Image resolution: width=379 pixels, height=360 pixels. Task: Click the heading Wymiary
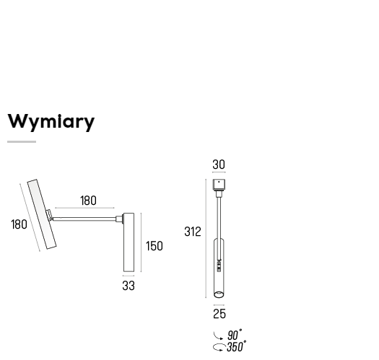pos(51,122)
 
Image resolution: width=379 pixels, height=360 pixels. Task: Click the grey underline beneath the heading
pos(22,142)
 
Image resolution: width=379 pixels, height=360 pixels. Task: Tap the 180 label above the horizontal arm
pos(88,201)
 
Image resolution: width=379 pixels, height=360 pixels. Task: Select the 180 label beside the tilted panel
pos(19,224)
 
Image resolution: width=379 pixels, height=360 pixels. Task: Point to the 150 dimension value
pos(154,246)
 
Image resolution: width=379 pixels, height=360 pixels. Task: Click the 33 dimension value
pos(128,286)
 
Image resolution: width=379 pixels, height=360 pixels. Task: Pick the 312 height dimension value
pos(193,232)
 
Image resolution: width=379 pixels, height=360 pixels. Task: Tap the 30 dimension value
pos(219,164)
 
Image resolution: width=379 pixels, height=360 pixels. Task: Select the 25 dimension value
pos(219,314)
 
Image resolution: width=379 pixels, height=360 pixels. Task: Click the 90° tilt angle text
pos(235,335)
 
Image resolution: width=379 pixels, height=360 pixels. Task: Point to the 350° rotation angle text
pos(237,346)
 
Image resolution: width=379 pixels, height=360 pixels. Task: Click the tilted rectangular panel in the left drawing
pos(42,214)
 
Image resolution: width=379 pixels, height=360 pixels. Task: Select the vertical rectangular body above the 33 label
pos(128,242)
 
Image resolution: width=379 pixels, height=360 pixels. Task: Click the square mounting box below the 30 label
pos(219,185)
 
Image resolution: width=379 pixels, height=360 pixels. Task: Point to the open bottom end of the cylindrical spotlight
pos(219,294)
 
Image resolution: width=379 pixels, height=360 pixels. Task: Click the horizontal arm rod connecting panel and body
pos(84,219)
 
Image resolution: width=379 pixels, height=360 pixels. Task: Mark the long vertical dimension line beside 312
pos(206,239)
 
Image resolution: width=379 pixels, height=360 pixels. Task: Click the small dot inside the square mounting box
pos(219,182)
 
